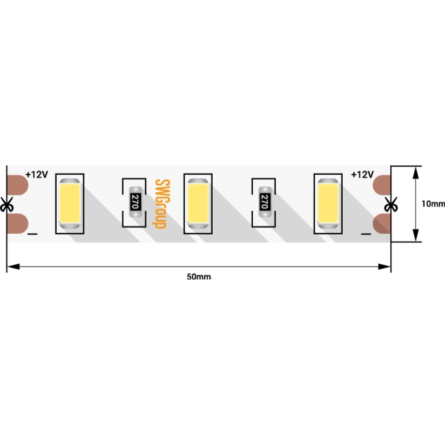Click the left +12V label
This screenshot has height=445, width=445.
[37, 174]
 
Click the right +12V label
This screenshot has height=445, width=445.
[362, 174]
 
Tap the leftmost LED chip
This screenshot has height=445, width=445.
[69, 204]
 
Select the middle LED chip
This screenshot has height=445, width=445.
[198, 204]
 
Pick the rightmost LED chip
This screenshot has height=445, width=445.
[328, 204]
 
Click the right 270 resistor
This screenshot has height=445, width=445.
[265, 202]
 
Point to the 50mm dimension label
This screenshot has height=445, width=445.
[199, 277]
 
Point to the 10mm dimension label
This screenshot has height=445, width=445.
[433, 204]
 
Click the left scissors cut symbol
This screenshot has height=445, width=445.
[6, 204]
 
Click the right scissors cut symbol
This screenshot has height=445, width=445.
[391, 204]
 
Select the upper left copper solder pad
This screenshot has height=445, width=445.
[17, 185]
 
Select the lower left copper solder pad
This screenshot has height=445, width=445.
[17, 224]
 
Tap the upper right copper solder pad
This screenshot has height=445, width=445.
[382, 185]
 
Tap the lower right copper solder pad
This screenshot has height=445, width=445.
[382, 224]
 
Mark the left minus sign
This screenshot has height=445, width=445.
[32, 234]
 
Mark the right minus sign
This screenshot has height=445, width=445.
[366, 234]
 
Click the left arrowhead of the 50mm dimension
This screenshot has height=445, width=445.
[13, 267]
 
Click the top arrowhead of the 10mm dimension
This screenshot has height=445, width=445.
[416, 173]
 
